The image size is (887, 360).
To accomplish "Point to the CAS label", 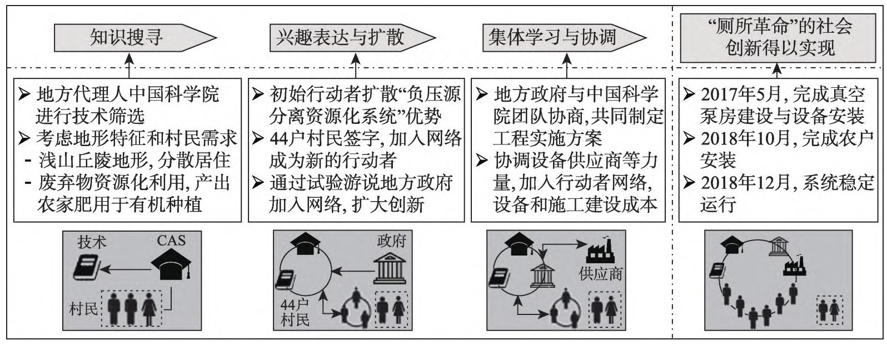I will tap(171, 240).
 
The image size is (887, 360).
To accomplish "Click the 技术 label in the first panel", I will tap(92, 242).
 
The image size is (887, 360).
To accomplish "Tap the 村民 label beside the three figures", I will tap(83, 308).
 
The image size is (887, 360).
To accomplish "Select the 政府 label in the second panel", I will tap(392, 241).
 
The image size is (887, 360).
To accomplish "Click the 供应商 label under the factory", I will tap(601, 273).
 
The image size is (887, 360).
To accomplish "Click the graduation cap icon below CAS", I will tap(172, 264).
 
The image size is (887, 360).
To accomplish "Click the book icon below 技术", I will tap(87, 267).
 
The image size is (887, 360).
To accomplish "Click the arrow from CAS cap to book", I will tap(128, 269).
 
